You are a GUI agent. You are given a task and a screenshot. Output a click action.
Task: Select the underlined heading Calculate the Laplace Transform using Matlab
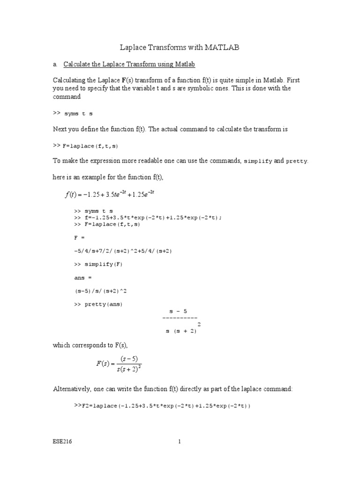click(x=129, y=64)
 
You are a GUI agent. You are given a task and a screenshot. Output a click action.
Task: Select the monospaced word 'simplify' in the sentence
click(x=257, y=161)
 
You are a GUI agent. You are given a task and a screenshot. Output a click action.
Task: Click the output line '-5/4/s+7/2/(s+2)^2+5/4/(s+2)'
click(x=123, y=251)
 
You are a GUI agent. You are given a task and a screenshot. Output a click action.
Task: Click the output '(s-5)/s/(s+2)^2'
click(x=101, y=291)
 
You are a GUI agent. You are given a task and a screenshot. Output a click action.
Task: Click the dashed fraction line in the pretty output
click(x=180, y=318)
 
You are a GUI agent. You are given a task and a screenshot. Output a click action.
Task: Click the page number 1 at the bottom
click(x=180, y=442)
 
